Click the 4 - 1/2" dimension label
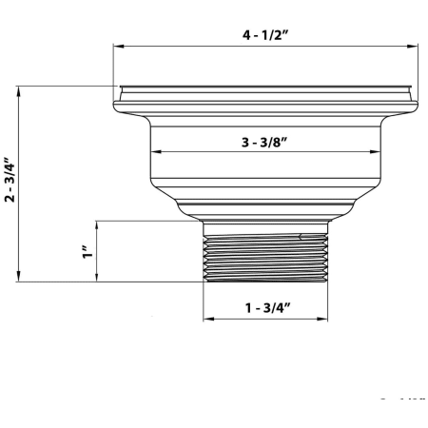(x=265, y=36)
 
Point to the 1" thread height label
(x=86, y=251)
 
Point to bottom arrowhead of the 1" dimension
(x=99, y=278)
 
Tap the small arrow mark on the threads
(x=301, y=237)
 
